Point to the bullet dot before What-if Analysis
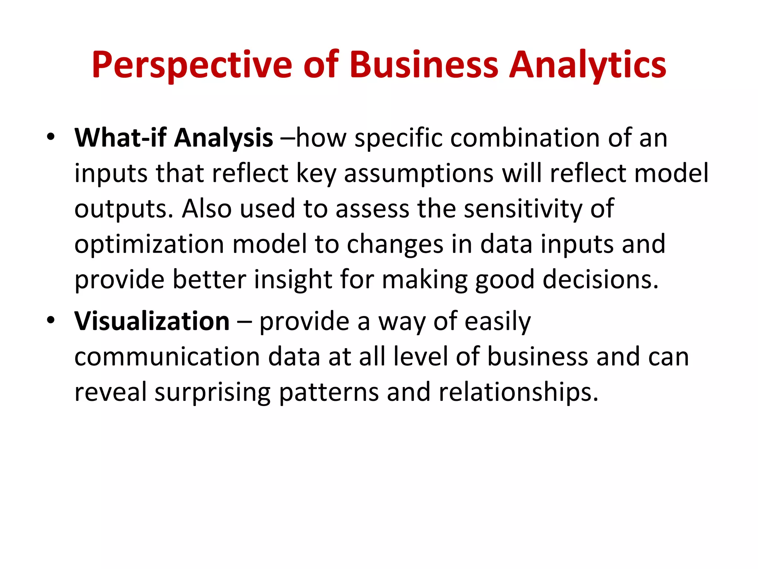coord(51,137)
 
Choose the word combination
coord(525,138)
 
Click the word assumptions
coord(419,173)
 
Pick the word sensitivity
coord(523,209)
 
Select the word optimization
coord(149,244)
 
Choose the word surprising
coord(212,392)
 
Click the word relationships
coord(518,392)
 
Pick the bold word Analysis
coord(224,138)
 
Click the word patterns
coord(329,392)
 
